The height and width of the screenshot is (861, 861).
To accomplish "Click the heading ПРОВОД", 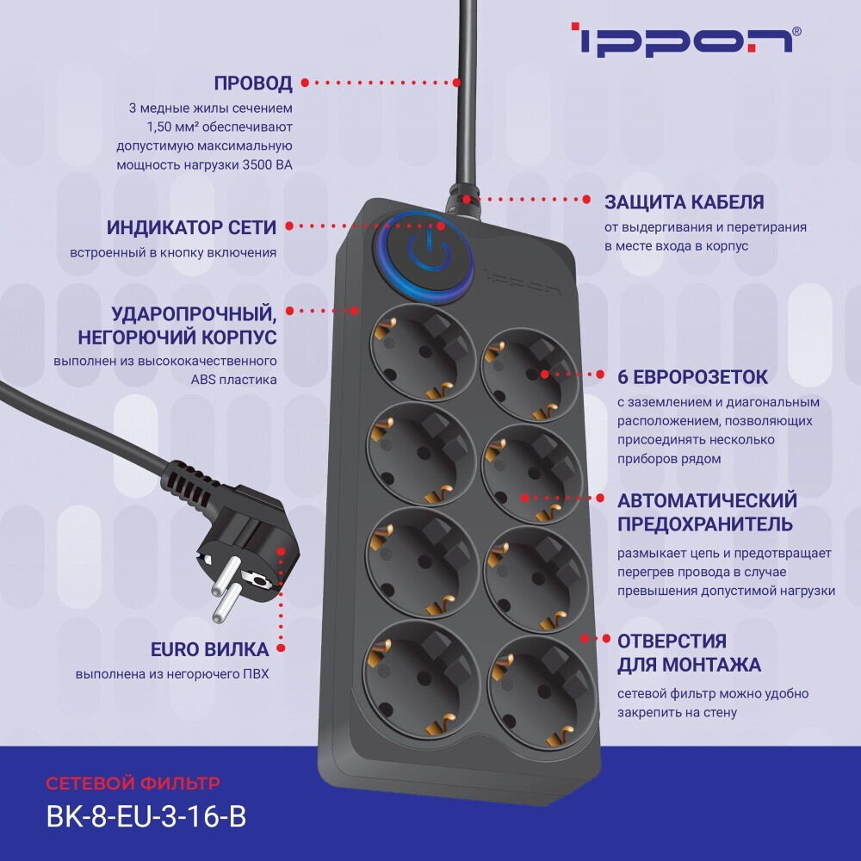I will click(253, 84).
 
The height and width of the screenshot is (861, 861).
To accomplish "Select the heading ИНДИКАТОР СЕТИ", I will click(191, 227).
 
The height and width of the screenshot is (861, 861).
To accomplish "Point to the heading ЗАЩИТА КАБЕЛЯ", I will click(684, 201).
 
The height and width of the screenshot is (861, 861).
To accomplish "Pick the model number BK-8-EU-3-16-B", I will click(146, 816).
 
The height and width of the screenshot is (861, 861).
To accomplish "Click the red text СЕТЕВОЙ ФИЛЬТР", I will click(133, 784).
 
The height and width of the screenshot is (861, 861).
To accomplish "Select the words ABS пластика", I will click(240, 379).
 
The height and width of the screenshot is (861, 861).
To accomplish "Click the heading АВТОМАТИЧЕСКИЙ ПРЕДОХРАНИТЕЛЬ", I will click(707, 512).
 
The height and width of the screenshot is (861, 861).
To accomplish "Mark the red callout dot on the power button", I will click(442, 226).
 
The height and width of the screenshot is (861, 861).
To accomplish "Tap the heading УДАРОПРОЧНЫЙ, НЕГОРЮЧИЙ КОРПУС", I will click(194, 323).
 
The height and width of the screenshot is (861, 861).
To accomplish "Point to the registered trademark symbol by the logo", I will click(796, 31).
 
